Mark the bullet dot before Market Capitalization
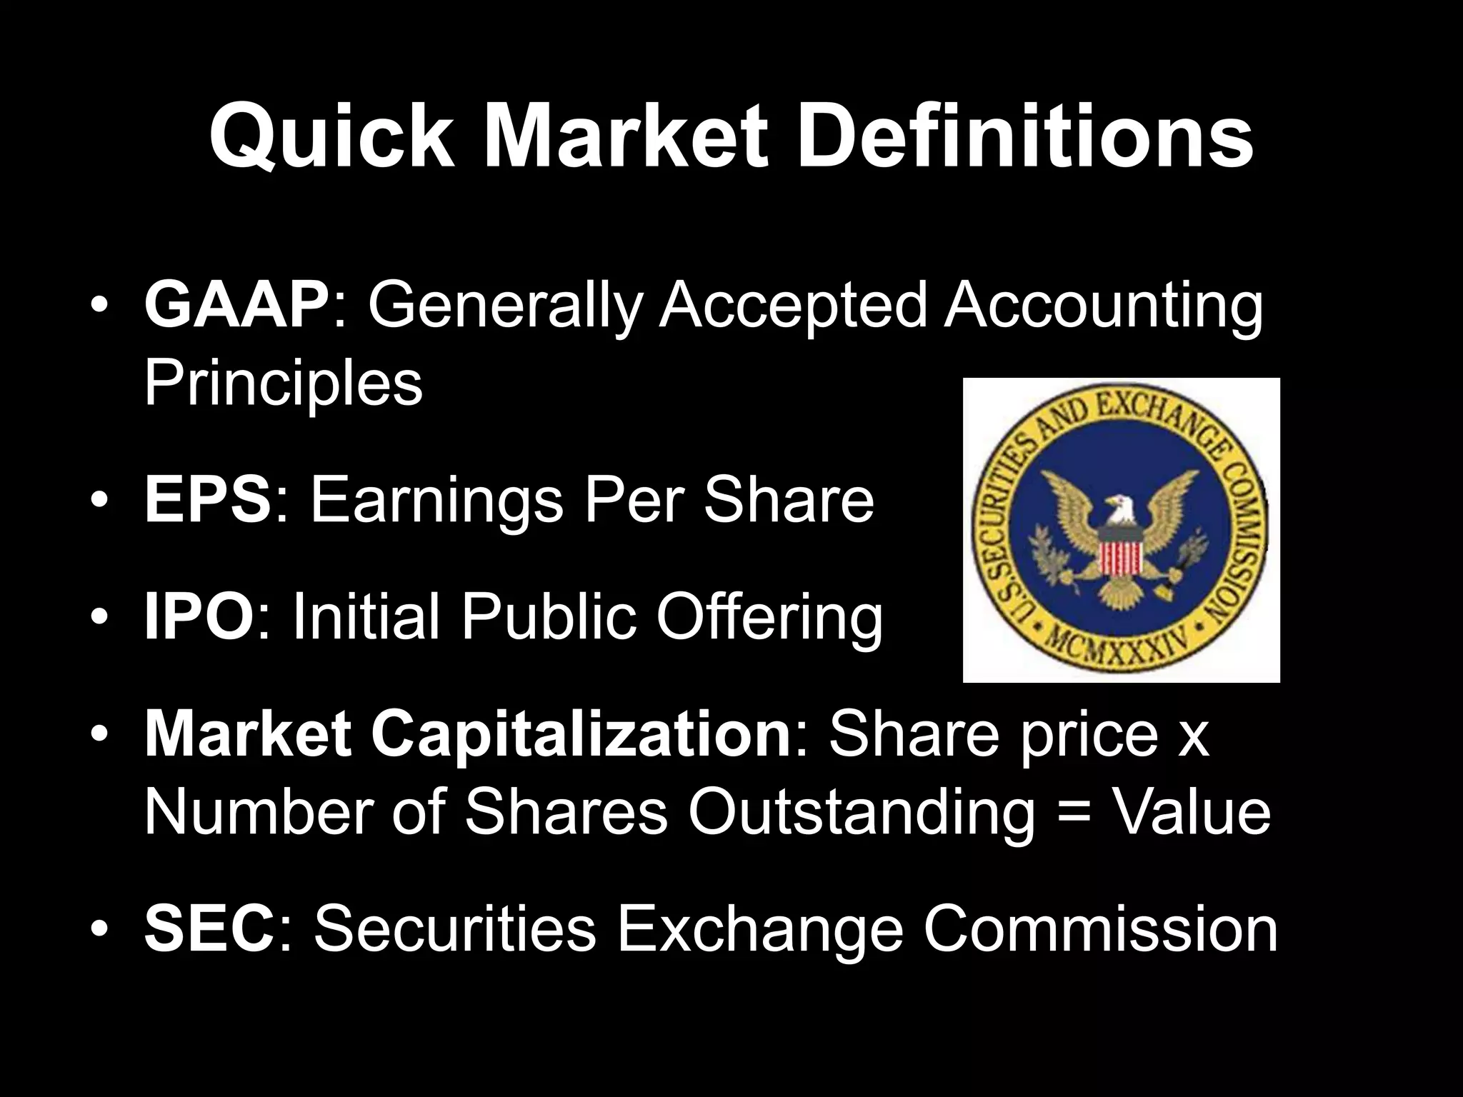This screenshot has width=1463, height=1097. pos(99,736)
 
